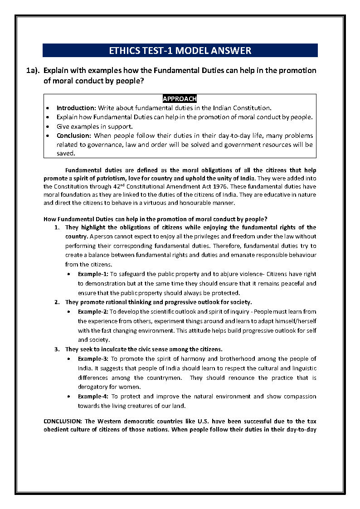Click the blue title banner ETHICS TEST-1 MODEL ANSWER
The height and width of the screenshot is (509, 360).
(x=180, y=50)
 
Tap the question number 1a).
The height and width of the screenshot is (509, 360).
(x=33, y=71)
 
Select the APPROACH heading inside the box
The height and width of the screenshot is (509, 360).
(x=180, y=99)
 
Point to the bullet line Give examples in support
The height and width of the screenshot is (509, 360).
(x=95, y=126)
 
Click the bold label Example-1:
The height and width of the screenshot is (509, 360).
(x=93, y=274)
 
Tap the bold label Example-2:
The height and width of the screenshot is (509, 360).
(x=93, y=311)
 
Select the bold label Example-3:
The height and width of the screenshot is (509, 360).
(x=93, y=359)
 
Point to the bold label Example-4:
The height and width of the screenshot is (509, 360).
(x=93, y=396)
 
